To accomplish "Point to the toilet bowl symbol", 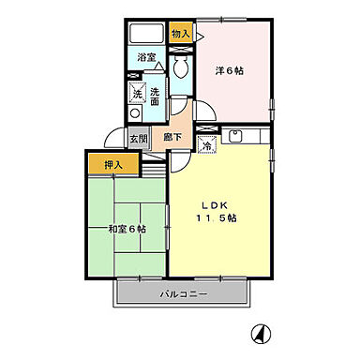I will click(179, 67).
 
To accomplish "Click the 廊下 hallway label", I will click(172, 139).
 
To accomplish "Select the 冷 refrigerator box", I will click(206, 144).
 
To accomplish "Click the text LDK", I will click(216, 205).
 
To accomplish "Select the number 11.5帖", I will click(216, 218).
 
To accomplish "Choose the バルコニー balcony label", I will click(182, 294).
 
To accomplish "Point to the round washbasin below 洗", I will click(135, 112).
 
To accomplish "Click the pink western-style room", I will click(233, 84).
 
